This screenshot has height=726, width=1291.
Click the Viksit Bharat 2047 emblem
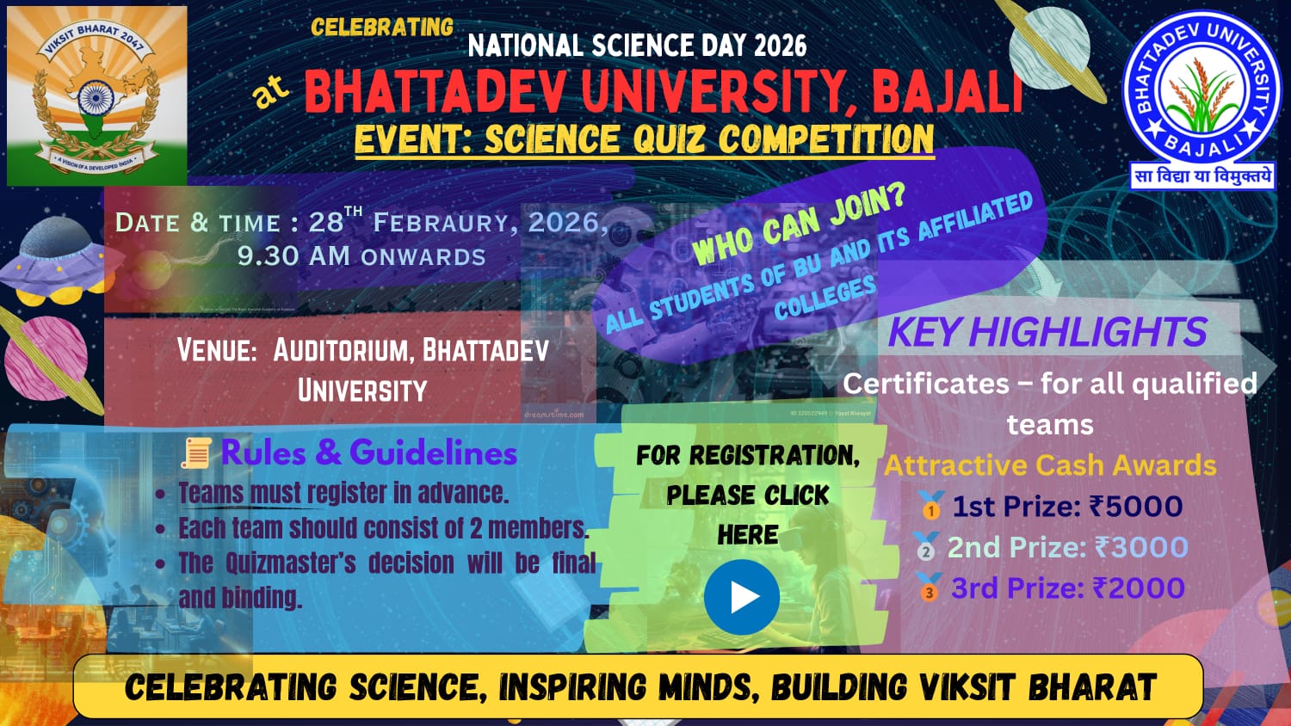point(96,95)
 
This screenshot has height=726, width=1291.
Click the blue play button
point(742,597)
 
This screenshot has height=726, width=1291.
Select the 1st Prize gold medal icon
point(931,505)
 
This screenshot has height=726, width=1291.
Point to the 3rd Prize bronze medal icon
point(928,588)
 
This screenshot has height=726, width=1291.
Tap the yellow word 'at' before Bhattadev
point(270,91)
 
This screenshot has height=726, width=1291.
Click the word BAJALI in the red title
point(948,92)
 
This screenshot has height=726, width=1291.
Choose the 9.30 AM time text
point(294,255)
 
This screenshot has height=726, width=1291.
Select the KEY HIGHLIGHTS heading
point(1047,332)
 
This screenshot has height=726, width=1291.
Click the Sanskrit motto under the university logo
point(1202,176)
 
